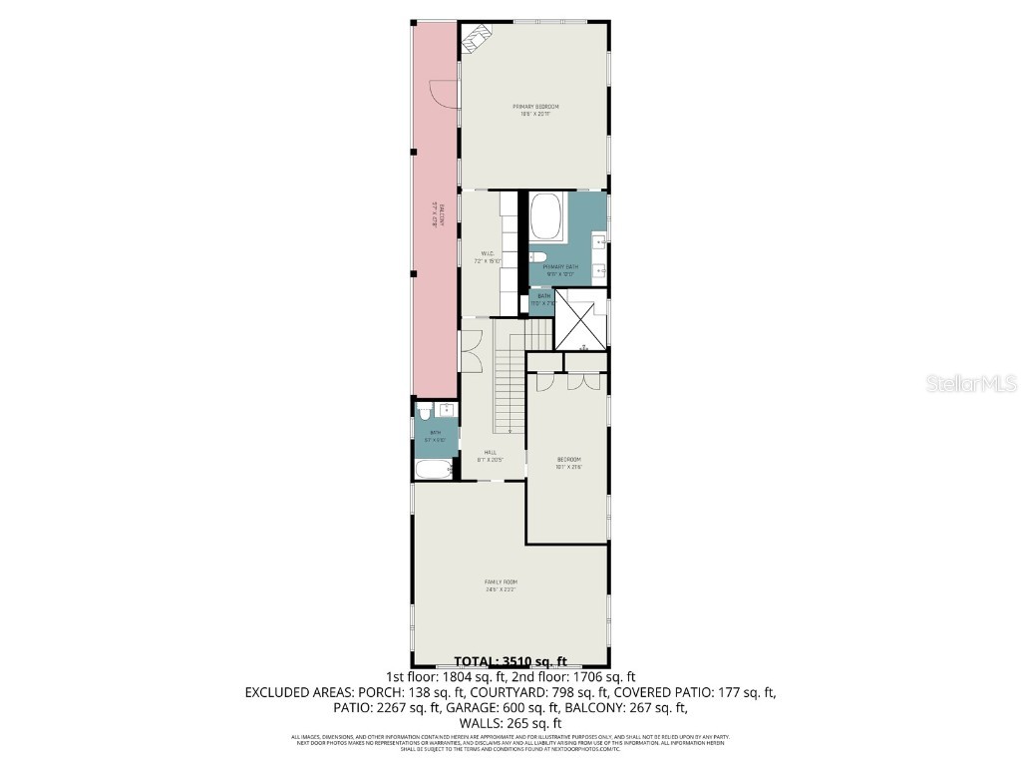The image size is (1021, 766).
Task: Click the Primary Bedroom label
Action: pyautogui.click(x=535, y=110)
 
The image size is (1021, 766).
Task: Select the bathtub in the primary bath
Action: pyautogui.click(x=545, y=217)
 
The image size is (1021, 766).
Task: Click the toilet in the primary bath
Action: pyautogui.click(x=535, y=256)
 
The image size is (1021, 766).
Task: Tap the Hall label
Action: pyautogui.click(x=491, y=455)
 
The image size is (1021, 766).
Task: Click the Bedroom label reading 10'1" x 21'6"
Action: pyautogui.click(x=568, y=462)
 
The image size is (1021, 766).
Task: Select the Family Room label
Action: pyautogui.click(x=501, y=584)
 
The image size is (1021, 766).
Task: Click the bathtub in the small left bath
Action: pyautogui.click(x=434, y=470)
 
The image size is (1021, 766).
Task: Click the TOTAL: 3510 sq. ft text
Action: pyautogui.click(x=510, y=660)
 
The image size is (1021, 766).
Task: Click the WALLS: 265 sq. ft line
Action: pyautogui.click(x=510, y=723)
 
